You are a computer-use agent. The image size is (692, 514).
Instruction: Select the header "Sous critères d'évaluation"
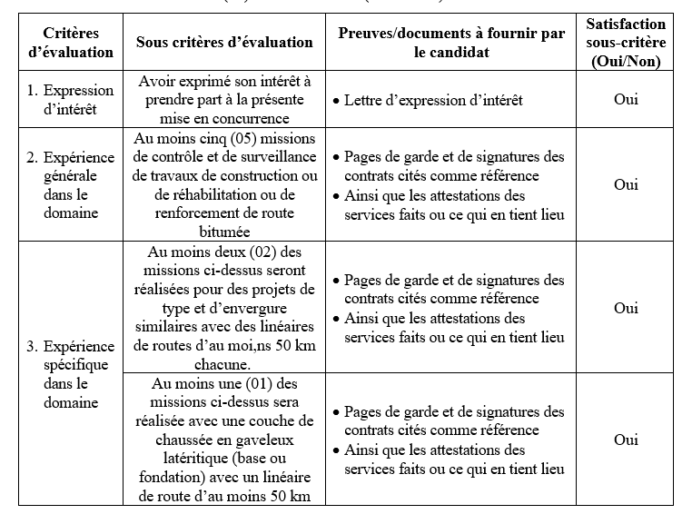click(x=224, y=43)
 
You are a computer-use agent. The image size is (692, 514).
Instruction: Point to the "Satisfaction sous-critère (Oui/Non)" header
click(x=626, y=43)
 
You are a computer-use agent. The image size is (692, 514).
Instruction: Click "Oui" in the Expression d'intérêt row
click(x=626, y=99)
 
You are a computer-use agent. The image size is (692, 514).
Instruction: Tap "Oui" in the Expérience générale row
click(x=626, y=184)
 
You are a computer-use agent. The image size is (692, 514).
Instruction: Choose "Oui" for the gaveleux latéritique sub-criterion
click(x=626, y=440)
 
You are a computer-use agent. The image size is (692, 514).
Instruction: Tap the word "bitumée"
click(x=224, y=232)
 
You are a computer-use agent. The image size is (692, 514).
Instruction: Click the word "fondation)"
click(x=190, y=477)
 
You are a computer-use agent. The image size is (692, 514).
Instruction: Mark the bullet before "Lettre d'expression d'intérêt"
click(x=336, y=100)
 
